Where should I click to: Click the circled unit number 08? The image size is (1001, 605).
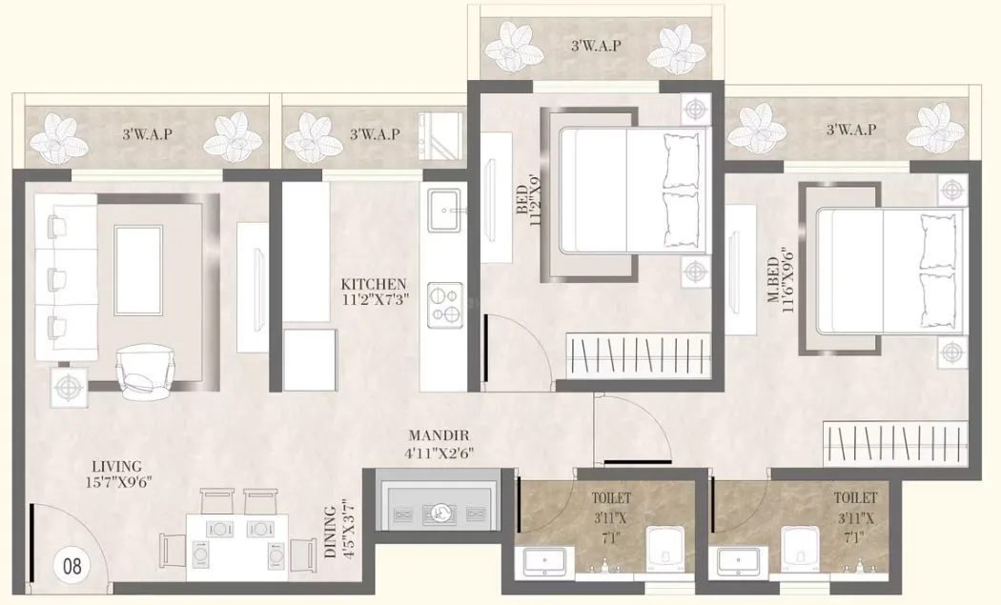[x=72, y=565]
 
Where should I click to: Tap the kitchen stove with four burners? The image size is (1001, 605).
[x=444, y=304]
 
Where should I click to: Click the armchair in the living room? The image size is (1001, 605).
[x=145, y=368]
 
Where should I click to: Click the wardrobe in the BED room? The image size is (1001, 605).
[x=639, y=356]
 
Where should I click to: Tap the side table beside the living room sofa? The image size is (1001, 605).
[x=68, y=388]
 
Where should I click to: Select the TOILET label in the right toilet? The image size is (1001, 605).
[x=855, y=497]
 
